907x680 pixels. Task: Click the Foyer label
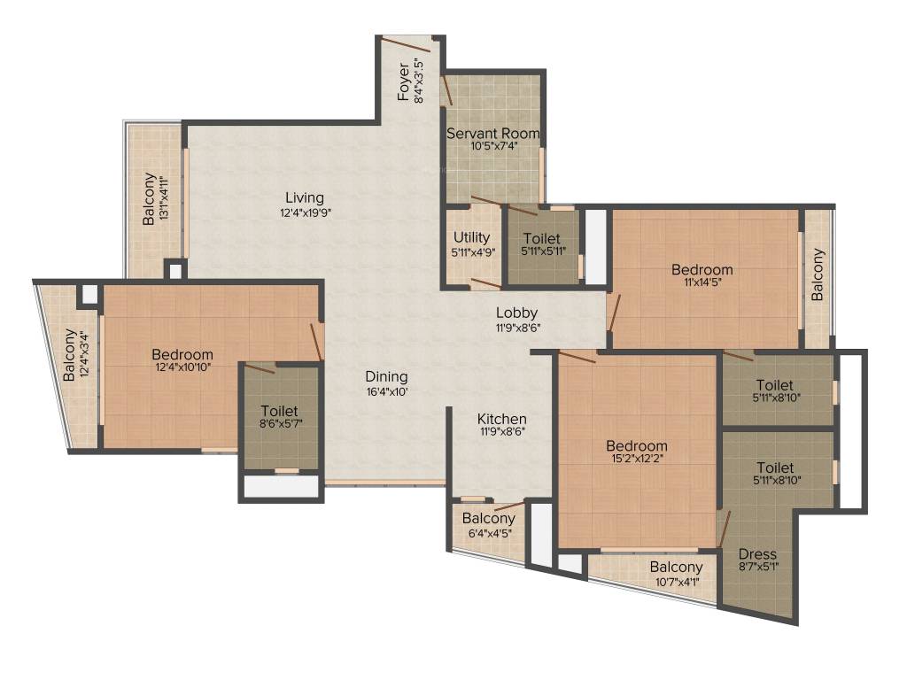(404, 81)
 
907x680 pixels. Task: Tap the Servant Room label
(492, 133)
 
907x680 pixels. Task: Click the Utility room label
(471, 237)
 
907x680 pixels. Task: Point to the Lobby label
(516, 313)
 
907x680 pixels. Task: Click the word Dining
(386, 375)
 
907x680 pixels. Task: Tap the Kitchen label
(502, 419)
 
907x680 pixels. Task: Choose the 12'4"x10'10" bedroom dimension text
(182, 367)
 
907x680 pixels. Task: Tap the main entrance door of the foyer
(407, 42)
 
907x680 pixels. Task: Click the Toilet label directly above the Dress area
(775, 467)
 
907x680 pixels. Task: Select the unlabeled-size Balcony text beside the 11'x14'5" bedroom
(818, 275)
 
